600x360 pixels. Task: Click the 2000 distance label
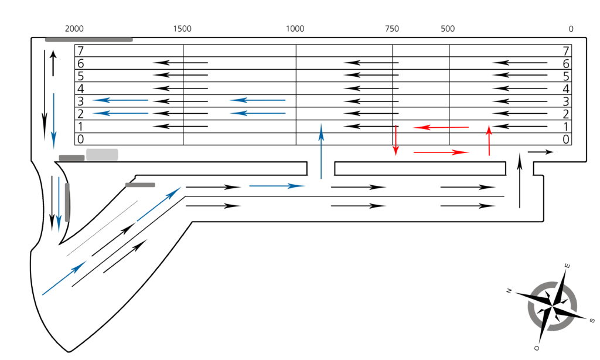tap(74, 28)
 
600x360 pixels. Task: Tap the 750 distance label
tap(392, 28)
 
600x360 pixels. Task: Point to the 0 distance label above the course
tap(571, 28)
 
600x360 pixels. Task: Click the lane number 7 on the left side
tap(81, 51)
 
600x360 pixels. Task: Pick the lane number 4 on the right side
tap(566, 89)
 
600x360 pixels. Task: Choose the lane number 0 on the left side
tap(81, 140)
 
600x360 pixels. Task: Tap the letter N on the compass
tap(509, 291)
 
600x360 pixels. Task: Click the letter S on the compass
tap(592, 320)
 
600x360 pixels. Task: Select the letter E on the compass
tap(567, 266)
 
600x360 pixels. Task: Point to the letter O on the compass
tap(537, 347)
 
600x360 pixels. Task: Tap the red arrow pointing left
tap(442, 127)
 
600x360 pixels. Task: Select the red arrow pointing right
tap(441, 152)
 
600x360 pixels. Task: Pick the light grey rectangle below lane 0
tap(102, 154)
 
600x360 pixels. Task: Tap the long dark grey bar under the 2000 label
tap(89, 39)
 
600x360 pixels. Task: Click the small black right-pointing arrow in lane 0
tap(540, 152)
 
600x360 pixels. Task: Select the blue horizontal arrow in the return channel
tap(277, 186)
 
